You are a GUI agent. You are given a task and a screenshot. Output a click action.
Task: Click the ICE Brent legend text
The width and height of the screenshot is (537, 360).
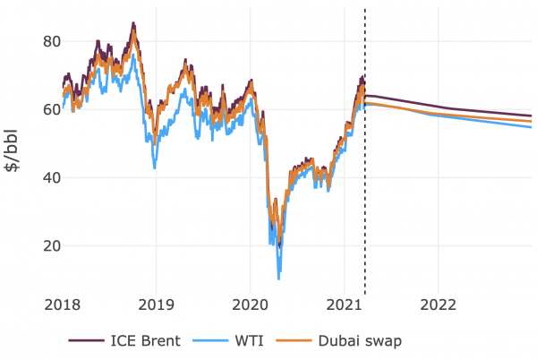click(x=147, y=340)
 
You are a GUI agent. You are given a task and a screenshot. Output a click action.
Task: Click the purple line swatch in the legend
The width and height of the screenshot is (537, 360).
click(x=85, y=340)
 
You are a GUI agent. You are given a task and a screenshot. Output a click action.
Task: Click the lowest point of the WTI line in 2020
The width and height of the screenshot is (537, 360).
click(x=279, y=279)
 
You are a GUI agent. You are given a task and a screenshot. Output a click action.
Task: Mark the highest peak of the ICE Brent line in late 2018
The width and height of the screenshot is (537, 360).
click(x=133, y=23)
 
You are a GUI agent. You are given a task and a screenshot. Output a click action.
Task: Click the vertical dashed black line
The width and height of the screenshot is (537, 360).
click(x=365, y=179)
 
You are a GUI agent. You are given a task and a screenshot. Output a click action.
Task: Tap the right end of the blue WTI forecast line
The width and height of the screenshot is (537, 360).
click(x=531, y=127)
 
